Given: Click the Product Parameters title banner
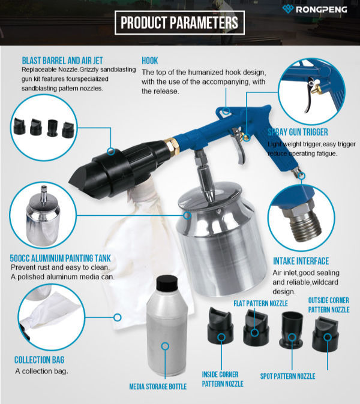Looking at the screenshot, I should click(179, 23).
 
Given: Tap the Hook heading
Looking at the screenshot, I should click(150, 61).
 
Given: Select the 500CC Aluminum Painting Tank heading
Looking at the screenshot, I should click(60, 258).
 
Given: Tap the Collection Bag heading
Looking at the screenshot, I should click(39, 360).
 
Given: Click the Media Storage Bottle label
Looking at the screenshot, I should click(158, 387).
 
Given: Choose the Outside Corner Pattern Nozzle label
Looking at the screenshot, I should click(328, 304).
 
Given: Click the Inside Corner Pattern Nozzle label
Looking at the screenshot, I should click(221, 378).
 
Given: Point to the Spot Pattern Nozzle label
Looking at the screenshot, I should click(287, 376).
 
